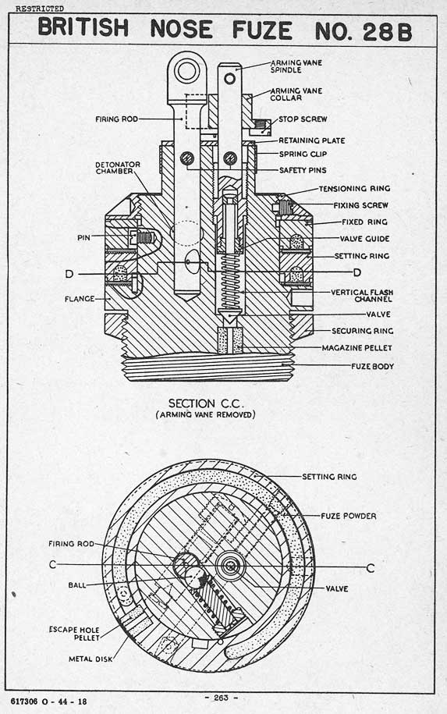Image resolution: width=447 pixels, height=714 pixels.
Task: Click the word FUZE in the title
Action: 262,30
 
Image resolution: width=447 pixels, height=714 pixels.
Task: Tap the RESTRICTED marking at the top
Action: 40,9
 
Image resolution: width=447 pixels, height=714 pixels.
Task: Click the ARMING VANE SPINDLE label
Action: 296,66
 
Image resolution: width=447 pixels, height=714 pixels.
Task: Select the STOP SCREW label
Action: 303,119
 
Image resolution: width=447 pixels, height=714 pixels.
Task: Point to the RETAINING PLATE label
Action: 312,140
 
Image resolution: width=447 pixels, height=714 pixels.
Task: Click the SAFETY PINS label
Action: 303,170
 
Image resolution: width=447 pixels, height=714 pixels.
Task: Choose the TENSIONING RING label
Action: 354,188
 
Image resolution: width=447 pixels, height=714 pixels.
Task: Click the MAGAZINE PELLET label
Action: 357,347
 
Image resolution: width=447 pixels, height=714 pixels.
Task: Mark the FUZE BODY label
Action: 372,366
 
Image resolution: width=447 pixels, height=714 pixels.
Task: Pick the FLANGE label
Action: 80,299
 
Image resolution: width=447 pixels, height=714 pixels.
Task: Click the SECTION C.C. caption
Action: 206,403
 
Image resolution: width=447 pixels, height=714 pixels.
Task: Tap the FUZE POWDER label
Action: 349,516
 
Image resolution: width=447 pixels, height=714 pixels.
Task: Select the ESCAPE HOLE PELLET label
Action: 74,634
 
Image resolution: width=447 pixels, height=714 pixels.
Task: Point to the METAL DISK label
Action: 90,659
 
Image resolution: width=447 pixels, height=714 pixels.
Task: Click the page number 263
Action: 221,698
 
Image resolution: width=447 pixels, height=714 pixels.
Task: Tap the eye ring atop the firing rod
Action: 186,72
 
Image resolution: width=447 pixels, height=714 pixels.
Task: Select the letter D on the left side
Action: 69,274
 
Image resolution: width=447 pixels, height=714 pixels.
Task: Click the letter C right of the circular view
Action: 371,568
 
